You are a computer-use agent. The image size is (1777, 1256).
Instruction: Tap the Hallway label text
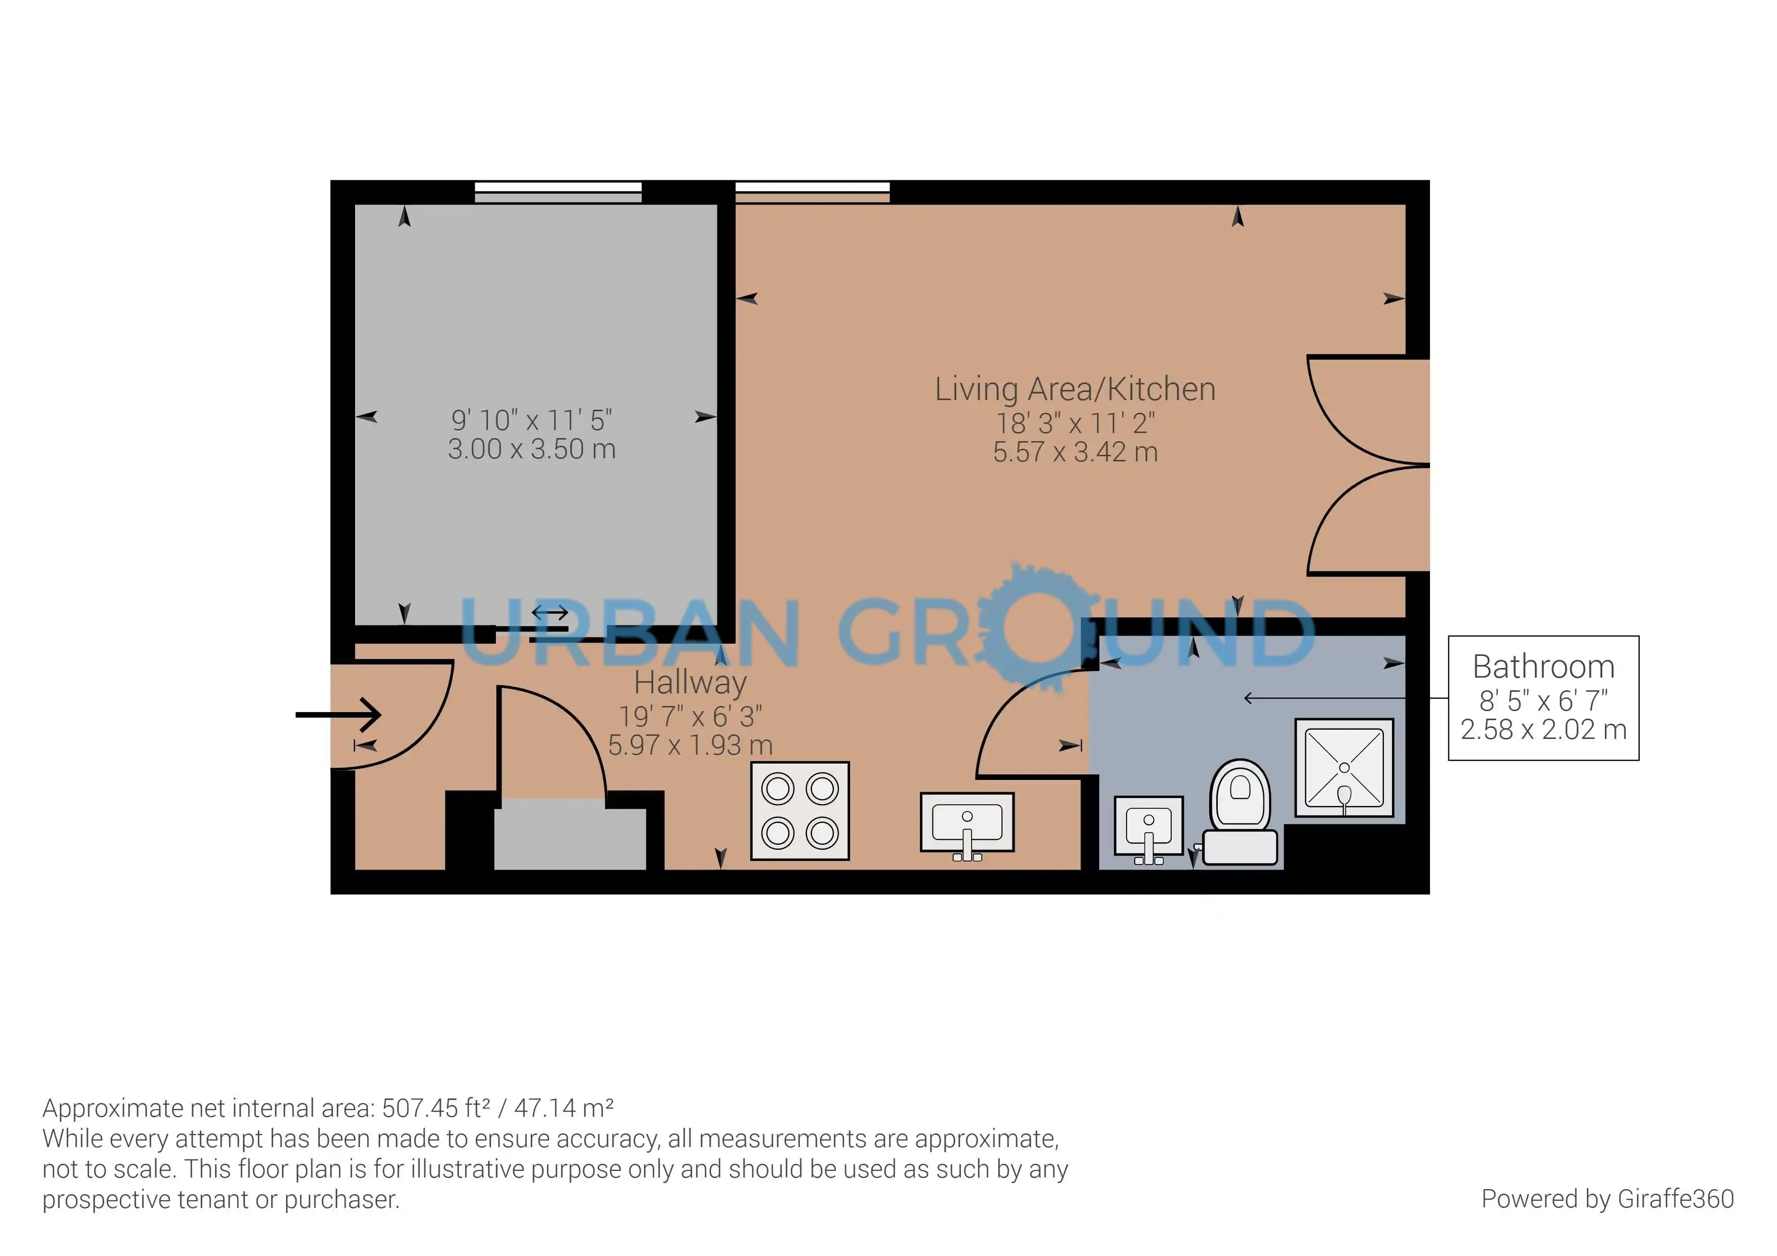(x=690, y=683)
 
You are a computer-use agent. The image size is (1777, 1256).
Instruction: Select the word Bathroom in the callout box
(x=1543, y=666)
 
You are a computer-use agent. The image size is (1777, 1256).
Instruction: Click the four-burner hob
(x=800, y=811)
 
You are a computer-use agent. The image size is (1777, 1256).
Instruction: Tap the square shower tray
(x=1344, y=768)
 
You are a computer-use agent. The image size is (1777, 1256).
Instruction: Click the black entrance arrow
(x=338, y=714)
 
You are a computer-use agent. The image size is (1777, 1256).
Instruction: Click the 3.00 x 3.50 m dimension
(x=532, y=449)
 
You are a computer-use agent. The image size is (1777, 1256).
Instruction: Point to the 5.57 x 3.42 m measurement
(x=1075, y=452)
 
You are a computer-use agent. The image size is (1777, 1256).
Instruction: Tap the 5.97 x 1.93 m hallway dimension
(x=690, y=745)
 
